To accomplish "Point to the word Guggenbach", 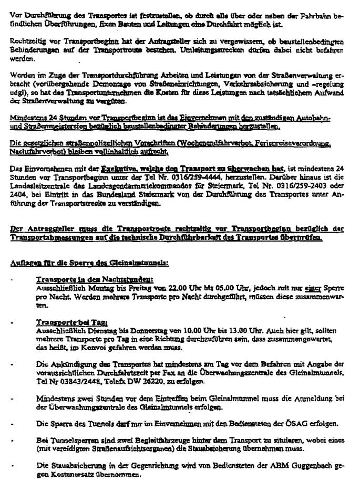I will pyautogui.click(x=297, y=465).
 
